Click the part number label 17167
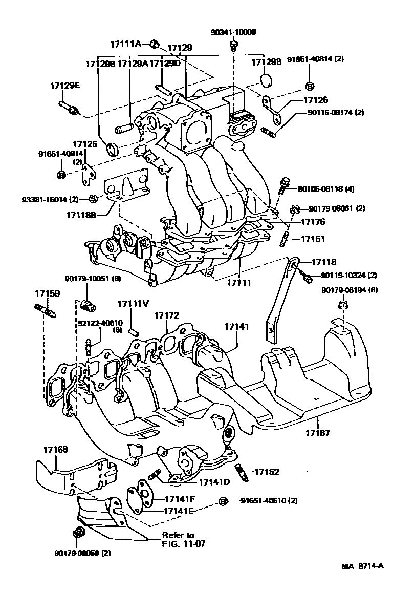pyautogui.click(x=318, y=433)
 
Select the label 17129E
pyautogui.click(x=65, y=85)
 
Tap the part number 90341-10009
pyautogui.click(x=233, y=32)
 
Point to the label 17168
pyautogui.click(x=55, y=450)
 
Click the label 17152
pyautogui.click(x=267, y=472)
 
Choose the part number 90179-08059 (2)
pyautogui.click(x=82, y=553)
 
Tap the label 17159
pyautogui.click(x=47, y=293)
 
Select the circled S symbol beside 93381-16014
pyautogui.click(x=93, y=199)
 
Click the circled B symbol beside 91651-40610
pyautogui.click(x=223, y=500)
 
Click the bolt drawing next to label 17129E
pyautogui.click(x=68, y=107)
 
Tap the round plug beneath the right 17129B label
pyautogui.click(x=266, y=80)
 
